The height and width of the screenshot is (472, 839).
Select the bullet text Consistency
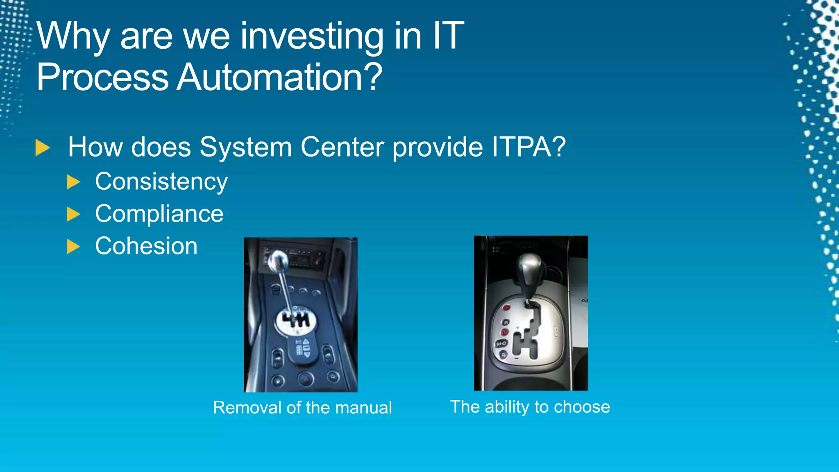(161, 182)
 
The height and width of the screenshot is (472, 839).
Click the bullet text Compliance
(159, 214)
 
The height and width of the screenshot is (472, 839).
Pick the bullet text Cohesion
(146, 246)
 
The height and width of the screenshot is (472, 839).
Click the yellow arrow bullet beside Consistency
(73, 182)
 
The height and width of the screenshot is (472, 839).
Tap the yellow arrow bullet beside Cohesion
(73, 247)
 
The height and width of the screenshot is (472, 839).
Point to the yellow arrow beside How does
(42, 147)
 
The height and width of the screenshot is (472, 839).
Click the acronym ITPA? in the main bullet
(528, 147)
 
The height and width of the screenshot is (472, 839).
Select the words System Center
(291, 147)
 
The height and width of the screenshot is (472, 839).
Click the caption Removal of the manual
(302, 408)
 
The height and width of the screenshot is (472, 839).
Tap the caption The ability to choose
(530, 407)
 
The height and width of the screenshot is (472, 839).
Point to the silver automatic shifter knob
(530, 266)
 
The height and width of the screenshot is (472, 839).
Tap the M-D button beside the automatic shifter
(502, 343)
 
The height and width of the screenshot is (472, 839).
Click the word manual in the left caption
(363, 408)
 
